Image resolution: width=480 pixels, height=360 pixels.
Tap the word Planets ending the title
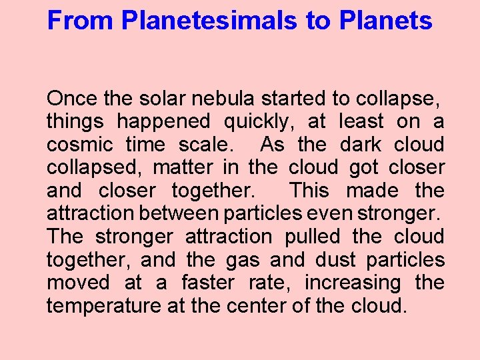pos(385,21)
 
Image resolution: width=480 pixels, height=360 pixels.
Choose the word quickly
pos(261,122)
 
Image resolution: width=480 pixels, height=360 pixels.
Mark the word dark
pos(361,145)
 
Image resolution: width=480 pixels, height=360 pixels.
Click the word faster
pos(207,283)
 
